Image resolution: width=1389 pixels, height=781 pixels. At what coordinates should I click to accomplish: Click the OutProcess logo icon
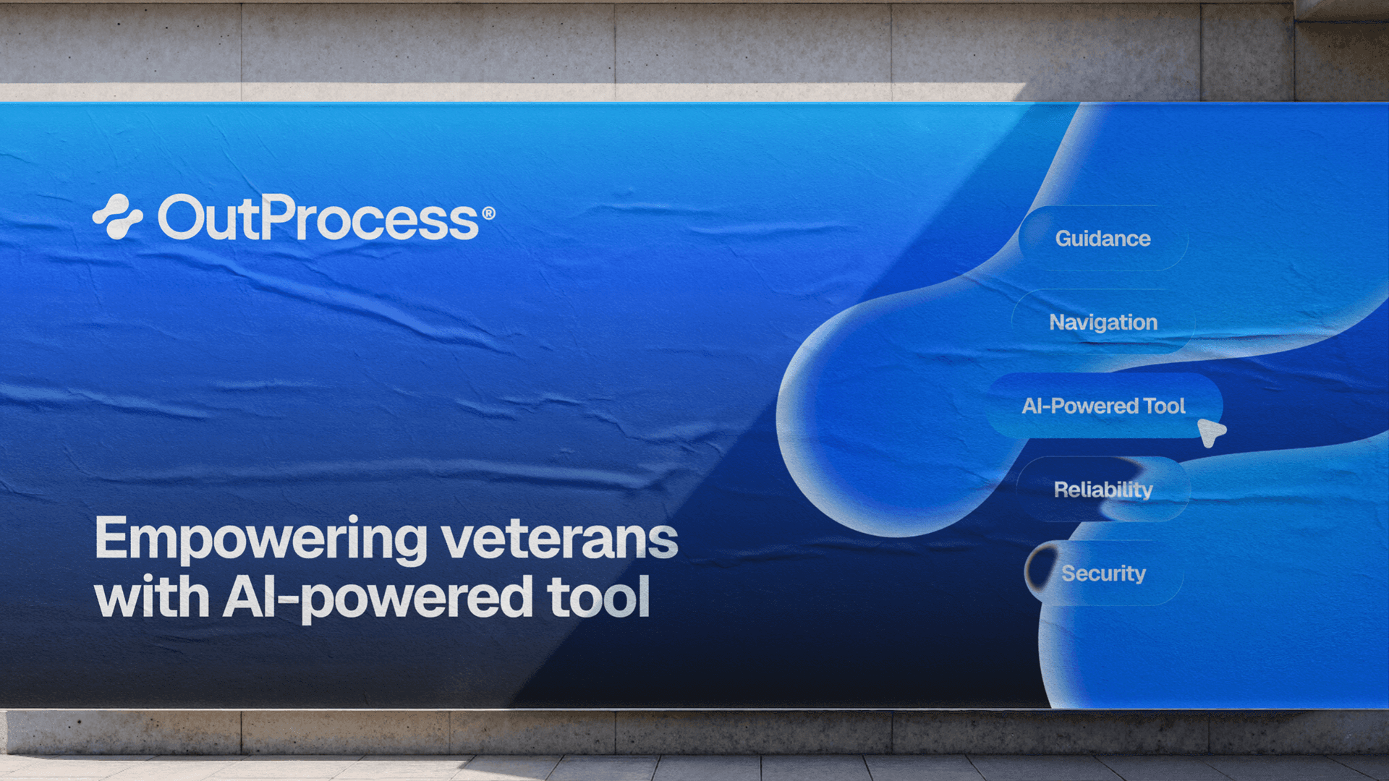118,216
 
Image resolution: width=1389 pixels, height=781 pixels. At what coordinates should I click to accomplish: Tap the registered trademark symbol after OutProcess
488,213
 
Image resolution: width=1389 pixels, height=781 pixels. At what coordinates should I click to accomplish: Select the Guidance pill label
1103,239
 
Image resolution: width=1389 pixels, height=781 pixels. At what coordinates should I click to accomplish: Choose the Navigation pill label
1103,323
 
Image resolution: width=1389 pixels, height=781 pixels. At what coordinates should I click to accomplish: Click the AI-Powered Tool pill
1104,406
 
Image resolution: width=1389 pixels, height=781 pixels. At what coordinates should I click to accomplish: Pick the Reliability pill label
1103,490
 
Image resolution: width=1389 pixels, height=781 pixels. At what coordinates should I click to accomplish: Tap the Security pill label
1103,573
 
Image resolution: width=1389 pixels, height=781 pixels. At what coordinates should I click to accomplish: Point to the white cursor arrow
1210,432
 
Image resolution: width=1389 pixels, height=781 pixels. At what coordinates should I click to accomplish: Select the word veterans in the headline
560,539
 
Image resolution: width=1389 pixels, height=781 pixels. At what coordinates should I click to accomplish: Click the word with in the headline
152,597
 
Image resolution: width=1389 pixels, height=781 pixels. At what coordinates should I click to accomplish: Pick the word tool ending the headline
598,597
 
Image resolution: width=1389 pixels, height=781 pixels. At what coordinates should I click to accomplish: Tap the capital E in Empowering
110,537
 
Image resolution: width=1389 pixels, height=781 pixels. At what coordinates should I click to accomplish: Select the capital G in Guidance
1064,239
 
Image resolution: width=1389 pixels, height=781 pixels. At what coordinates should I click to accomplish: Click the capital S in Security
1069,573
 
